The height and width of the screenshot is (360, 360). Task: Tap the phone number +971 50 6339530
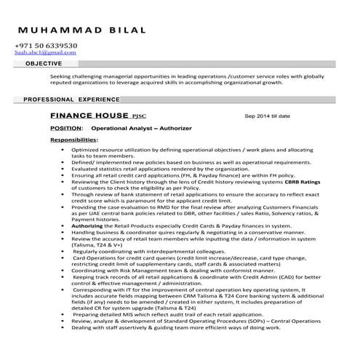tap(46, 45)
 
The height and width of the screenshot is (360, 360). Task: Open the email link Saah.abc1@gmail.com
tap(45, 52)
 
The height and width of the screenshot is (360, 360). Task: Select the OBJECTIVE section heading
tap(44, 64)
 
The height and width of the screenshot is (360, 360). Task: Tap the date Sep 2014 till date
tap(268, 116)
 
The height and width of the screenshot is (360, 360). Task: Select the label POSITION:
tap(66, 128)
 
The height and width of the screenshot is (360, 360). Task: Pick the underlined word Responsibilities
tap(73, 139)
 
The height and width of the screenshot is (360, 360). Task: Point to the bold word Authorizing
tap(87, 226)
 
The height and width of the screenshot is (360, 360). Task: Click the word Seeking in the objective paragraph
tap(61, 75)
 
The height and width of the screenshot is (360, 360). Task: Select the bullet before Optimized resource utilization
tap(65, 148)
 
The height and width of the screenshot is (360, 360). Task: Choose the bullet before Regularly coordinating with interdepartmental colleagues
tap(65, 251)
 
